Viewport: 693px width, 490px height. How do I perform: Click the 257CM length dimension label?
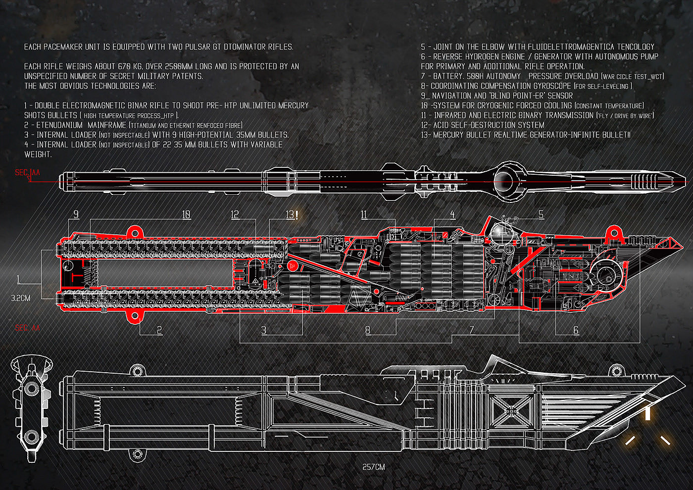[x=374, y=467]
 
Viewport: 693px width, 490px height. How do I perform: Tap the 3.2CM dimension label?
[x=20, y=298]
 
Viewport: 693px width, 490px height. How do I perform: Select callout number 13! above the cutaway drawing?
[x=292, y=214]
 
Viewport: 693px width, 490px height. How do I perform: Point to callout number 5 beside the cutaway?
[x=541, y=214]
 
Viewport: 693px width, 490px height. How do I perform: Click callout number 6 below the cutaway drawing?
[x=576, y=330]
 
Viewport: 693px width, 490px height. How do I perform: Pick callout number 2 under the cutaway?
[x=159, y=330]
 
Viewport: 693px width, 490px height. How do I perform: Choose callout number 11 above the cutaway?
[x=364, y=214]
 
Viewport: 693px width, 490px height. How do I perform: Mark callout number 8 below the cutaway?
[x=368, y=330]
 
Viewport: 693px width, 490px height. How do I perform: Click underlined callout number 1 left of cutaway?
[x=19, y=280]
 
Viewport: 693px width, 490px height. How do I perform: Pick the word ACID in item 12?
[x=442, y=125]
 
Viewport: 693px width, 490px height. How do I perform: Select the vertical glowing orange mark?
[x=647, y=413]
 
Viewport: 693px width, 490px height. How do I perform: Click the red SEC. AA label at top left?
[x=27, y=173]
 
